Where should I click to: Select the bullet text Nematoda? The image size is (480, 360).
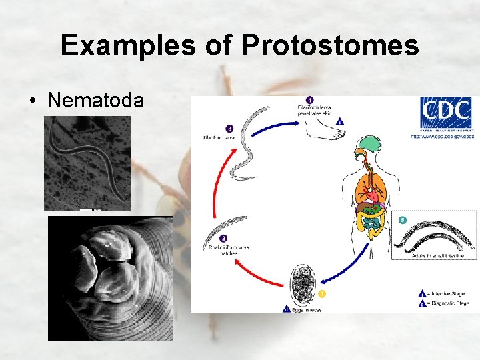95,100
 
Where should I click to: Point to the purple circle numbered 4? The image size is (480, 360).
309,100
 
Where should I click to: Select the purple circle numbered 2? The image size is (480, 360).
223,238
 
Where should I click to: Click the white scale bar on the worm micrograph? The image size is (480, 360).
85,209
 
